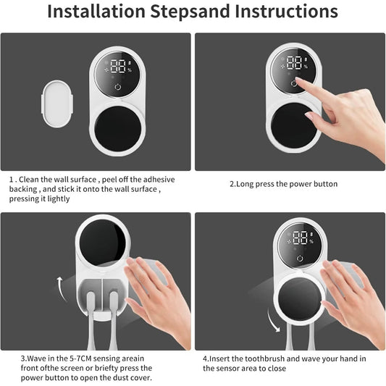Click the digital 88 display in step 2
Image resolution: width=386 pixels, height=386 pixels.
(x=296, y=63)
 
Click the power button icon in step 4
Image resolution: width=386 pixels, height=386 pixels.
(x=300, y=259)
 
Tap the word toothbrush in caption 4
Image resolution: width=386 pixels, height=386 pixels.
(x=269, y=358)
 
